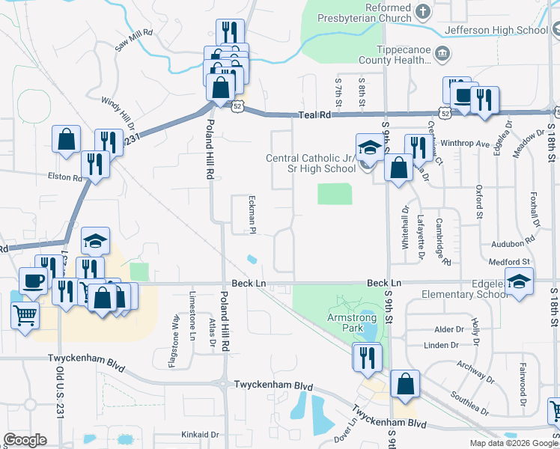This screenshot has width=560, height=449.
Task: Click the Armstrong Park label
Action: pyautogui.click(x=351, y=317)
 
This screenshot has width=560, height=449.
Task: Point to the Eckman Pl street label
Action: pyautogui.click(x=252, y=213)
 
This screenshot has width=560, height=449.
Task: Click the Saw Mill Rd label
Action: pyautogui.click(x=134, y=40)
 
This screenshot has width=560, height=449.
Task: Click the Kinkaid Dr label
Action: pyautogui.click(x=200, y=434)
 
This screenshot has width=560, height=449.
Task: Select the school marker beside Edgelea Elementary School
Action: pyautogui.click(x=517, y=282)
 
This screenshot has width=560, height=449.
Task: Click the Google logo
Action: pyautogui.click(x=25, y=441)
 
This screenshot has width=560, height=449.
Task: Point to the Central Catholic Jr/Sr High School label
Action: pyautogui.click(x=311, y=163)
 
